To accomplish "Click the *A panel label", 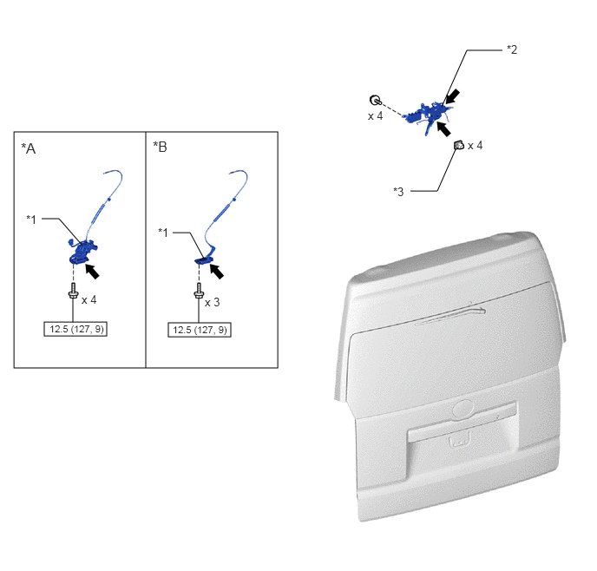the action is (x=29, y=148).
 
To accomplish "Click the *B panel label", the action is (x=160, y=147).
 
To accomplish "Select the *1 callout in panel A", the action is (x=31, y=220).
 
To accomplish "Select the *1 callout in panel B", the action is (x=163, y=233).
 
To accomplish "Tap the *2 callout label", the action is (x=512, y=49).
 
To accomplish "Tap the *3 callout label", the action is (x=398, y=192).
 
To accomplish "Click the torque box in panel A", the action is (x=75, y=329).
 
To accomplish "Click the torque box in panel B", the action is (x=200, y=330).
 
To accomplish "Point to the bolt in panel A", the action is (x=73, y=291).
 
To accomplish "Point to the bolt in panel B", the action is (x=199, y=291).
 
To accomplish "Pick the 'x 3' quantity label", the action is (x=212, y=303).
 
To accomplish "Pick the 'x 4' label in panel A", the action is (x=89, y=300).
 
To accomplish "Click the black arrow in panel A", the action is (x=92, y=272).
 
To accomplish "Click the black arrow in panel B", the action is (x=217, y=271).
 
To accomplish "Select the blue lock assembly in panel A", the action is (x=83, y=252).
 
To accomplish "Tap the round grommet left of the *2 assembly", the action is (x=375, y=100).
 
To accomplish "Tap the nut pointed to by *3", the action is (x=459, y=145).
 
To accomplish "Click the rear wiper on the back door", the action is (x=451, y=316).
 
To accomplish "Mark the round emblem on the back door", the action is (x=463, y=410).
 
